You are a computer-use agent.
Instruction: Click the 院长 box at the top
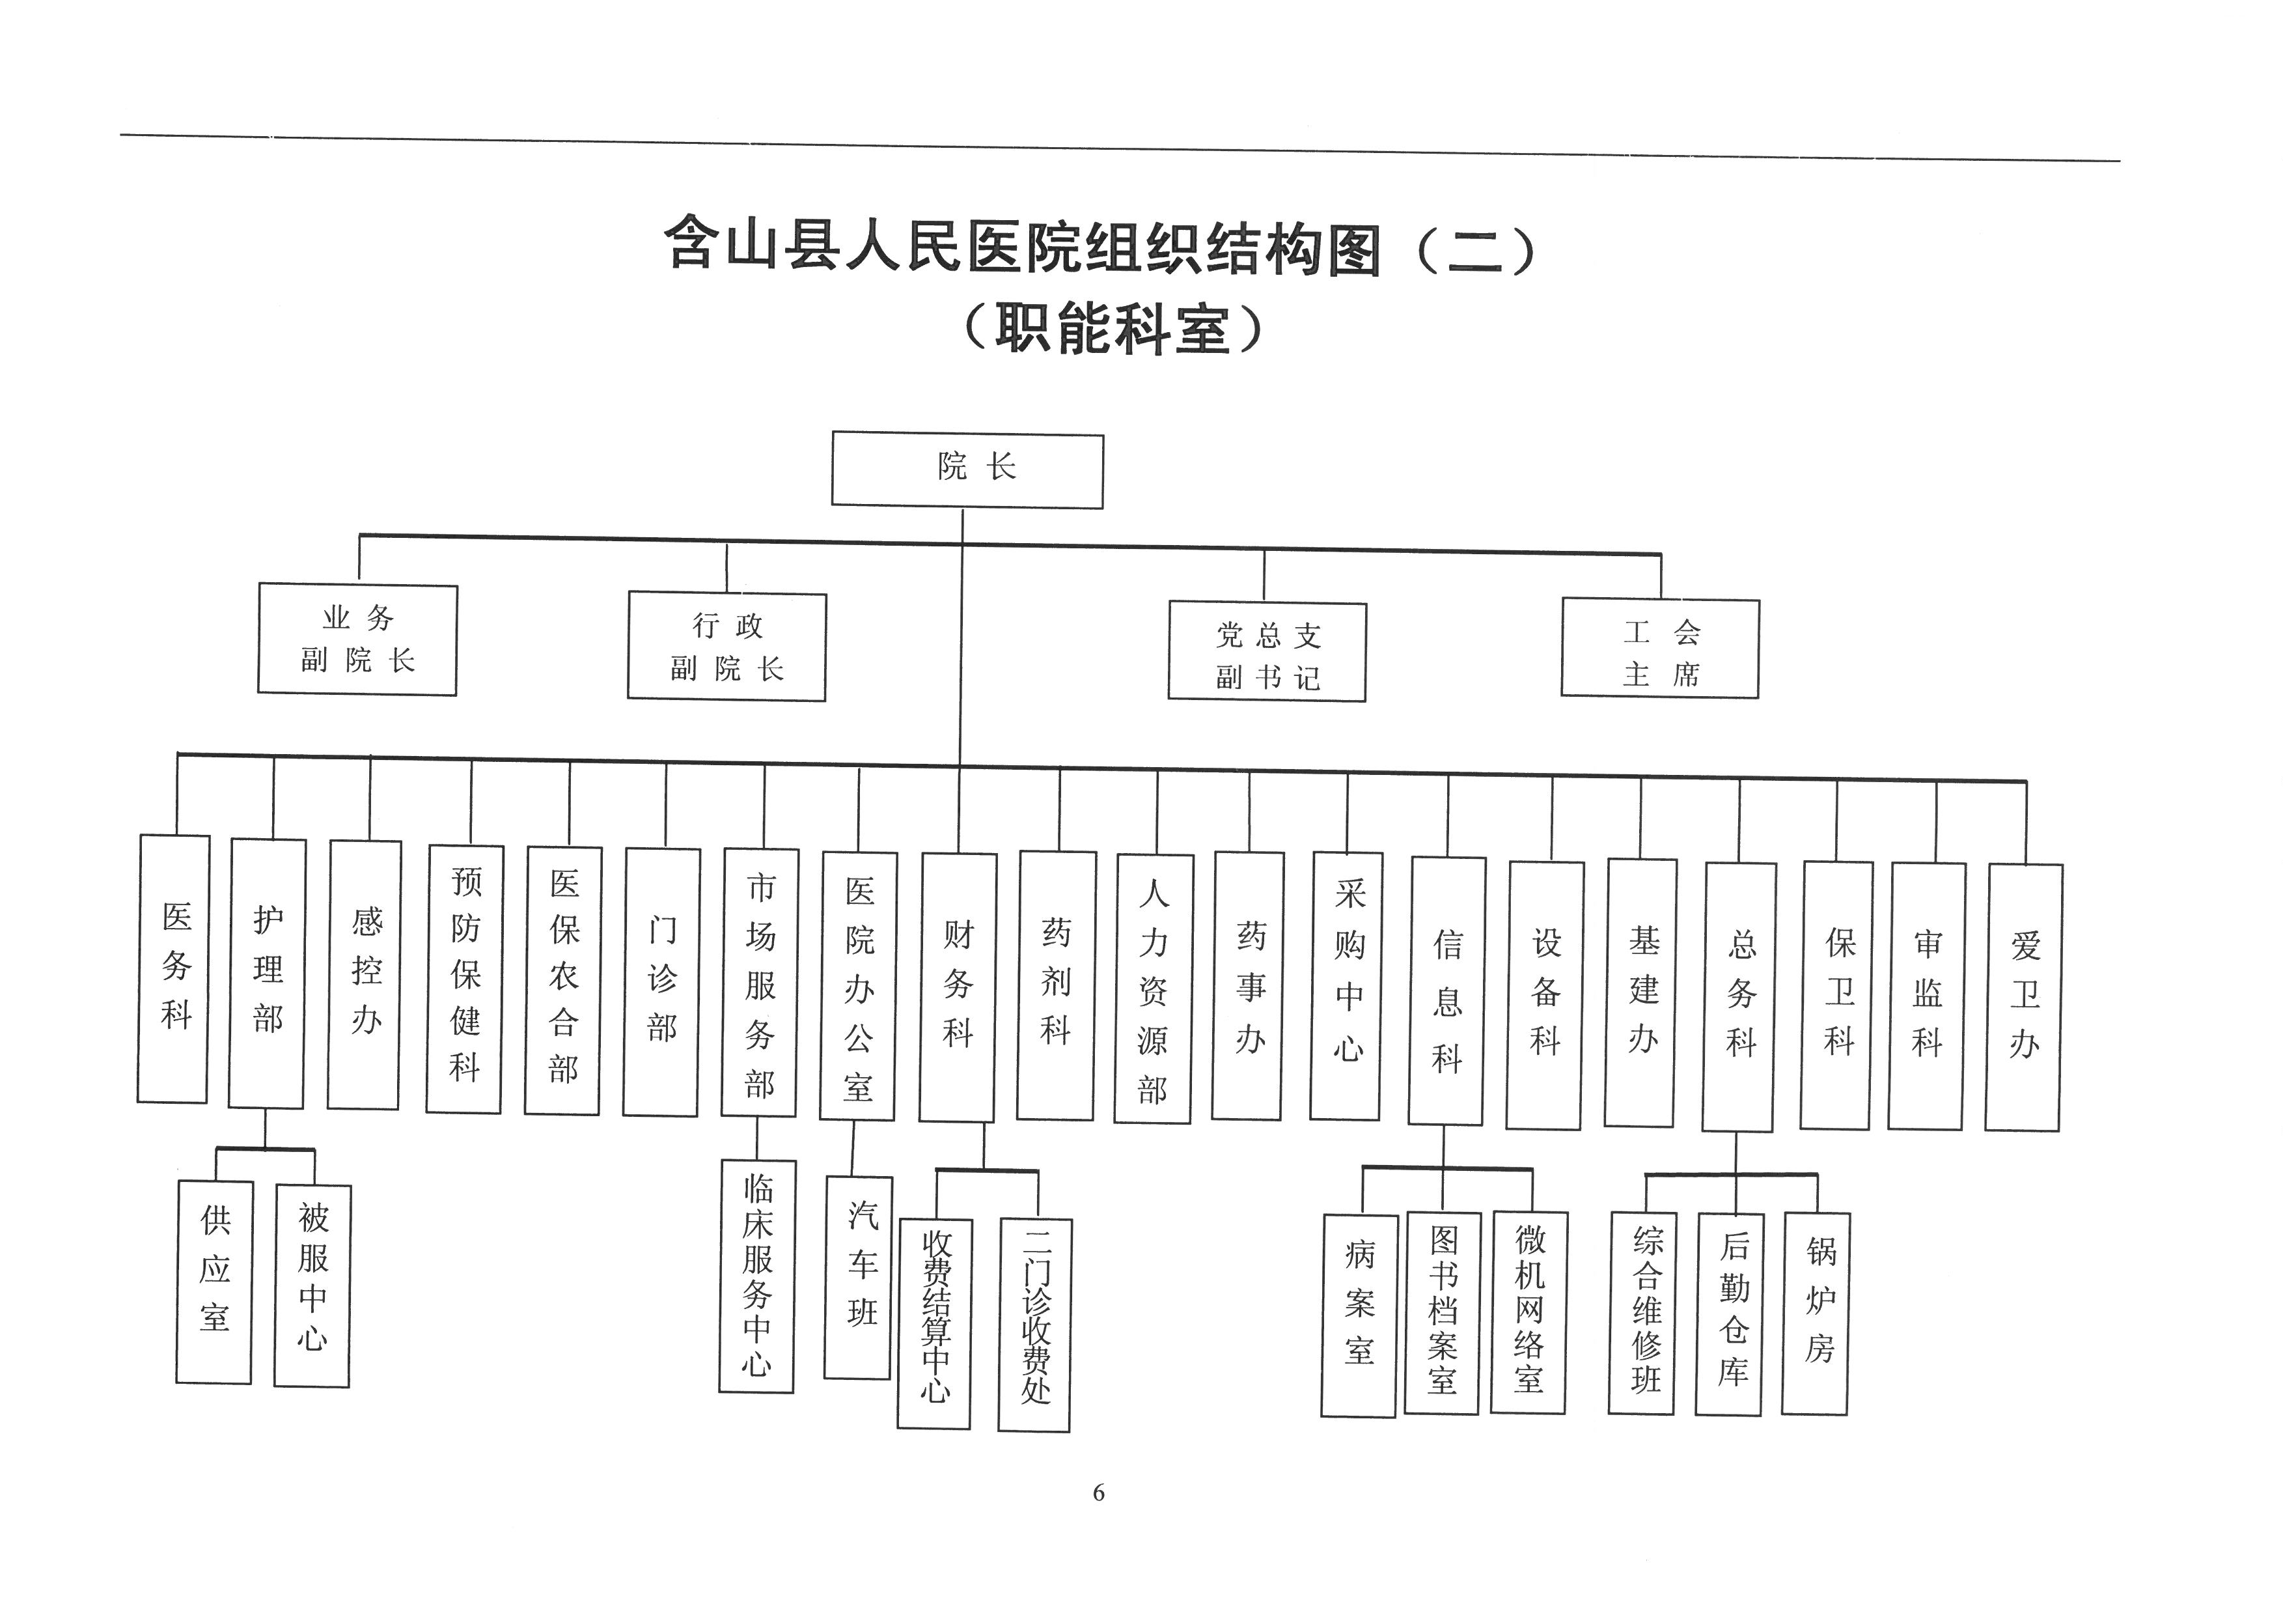[967, 470]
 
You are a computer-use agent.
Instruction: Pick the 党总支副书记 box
[1267, 651]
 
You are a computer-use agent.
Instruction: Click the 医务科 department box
[173, 968]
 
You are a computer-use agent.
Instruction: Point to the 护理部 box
[266, 972]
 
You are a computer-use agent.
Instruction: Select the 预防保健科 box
[464, 979]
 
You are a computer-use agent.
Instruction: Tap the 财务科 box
[958, 987]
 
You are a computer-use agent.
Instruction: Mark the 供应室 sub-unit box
[214, 1282]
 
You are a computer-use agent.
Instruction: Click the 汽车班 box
[858, 1277]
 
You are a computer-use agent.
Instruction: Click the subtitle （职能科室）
[1114, 328]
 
